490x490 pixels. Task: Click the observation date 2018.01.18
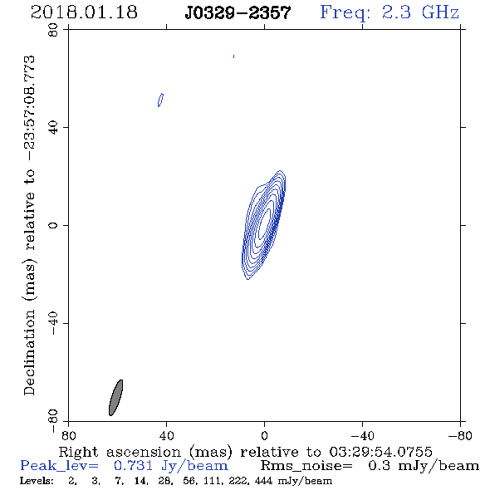(84, 12)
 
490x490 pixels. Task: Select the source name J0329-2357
(238, 13)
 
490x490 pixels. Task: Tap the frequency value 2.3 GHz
(420, 12)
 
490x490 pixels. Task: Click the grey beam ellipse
(116, 398)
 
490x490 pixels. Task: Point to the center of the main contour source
(264, 225)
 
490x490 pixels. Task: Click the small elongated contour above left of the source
(160, 100)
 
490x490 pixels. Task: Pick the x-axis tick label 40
(166, 436)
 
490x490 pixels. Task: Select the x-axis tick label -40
(362, 436)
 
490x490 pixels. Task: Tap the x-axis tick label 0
(264, 436)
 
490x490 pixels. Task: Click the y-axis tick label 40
(53, 128)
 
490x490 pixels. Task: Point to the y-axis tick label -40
(53, 323)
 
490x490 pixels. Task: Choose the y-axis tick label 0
(53, 225)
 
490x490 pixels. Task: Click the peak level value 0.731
(133, 466)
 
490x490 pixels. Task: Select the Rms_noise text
(306, 466)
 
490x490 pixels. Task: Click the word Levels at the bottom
(37, 481)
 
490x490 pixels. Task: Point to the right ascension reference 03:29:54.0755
(380, 452)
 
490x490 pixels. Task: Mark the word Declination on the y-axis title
(29, 353)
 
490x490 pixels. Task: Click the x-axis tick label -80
(460, 436)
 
